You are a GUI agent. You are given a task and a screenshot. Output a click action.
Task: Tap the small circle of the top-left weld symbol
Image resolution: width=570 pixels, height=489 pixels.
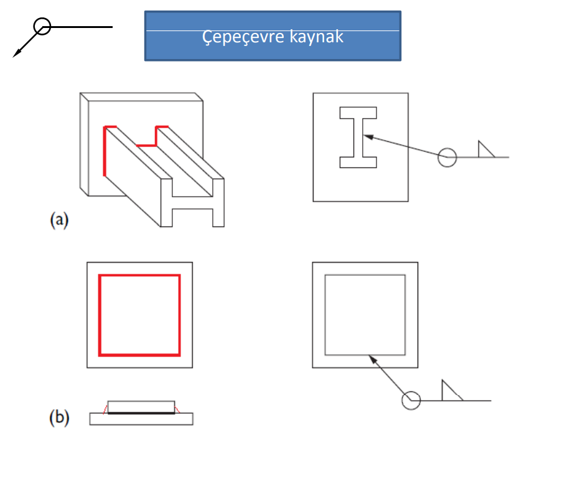(x=42, y=26)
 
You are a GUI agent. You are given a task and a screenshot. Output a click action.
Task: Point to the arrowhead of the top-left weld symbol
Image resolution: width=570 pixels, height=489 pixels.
(x=17, y=54)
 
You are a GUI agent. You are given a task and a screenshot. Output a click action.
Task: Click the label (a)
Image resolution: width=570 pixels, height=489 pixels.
(x=58, y=220)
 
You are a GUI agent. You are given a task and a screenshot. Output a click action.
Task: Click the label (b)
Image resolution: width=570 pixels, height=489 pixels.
(x=58, y=417)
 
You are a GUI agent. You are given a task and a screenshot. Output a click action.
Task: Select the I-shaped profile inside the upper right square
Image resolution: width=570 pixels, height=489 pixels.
(x=358, y=137)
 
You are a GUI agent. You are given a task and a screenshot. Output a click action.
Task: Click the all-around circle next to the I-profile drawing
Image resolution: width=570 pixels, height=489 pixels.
(x=447, y=157)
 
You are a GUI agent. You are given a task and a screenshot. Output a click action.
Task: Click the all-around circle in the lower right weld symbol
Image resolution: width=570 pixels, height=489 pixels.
(x=411, y=401)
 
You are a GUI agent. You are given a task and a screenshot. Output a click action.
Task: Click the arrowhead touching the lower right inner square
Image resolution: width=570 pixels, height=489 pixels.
(x=371, y=358)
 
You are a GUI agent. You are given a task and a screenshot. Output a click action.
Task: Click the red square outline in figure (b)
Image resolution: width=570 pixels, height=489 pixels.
(x=139, y=275)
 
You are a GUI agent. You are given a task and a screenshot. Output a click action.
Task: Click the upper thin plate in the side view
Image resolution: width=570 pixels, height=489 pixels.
(x=141, y=406)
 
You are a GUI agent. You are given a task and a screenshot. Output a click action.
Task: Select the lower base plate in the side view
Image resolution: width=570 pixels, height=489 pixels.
(x=141, y=419)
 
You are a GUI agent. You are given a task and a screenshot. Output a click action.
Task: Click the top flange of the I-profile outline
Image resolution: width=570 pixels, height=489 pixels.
(x=358, y=113)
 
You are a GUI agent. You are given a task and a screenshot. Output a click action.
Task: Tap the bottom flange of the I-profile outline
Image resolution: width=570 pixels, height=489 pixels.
(x=358, y=162)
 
